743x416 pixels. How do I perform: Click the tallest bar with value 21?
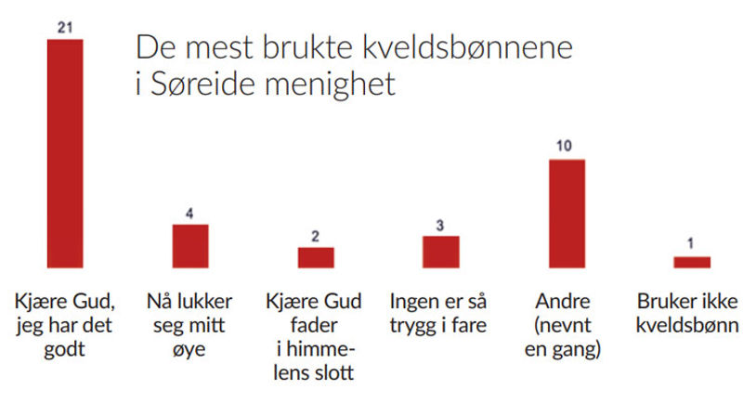tap(65, 153)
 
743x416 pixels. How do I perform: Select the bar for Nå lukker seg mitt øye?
tap(190, 246)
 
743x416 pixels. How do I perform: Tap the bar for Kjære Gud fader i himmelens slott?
tap(316, 257)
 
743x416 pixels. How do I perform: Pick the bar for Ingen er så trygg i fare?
tap(441, 252)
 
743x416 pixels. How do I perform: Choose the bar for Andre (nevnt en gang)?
tap(567, 214)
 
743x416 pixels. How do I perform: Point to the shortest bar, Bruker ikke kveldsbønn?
tap(692, 262)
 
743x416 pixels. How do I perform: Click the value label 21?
tap(65, 29)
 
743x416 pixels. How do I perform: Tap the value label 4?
tap(190, 214)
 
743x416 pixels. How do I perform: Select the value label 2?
tap(316, 236)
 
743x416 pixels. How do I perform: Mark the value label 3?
tap(441, 225)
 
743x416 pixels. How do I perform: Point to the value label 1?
tap(692, 245)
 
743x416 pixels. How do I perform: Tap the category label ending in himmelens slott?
tap(315, 337)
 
